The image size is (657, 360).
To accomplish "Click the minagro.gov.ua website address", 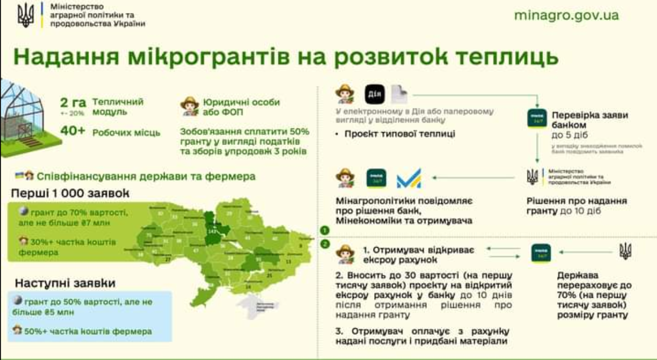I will [566, 15].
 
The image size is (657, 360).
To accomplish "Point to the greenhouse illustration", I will [22, 118].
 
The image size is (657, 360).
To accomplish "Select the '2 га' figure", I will [73, 102].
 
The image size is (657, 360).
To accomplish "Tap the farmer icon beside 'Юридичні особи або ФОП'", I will [189, 106].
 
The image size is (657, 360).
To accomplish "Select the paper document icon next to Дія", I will [398, 95].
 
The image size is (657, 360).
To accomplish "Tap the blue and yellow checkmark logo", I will [409, 178].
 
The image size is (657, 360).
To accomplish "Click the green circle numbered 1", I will [325, 231].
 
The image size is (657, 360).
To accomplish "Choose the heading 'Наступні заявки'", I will [65, 283].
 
